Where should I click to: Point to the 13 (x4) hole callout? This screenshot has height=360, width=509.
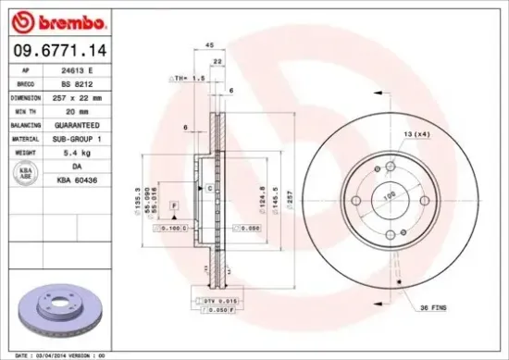(x=416, y=135)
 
